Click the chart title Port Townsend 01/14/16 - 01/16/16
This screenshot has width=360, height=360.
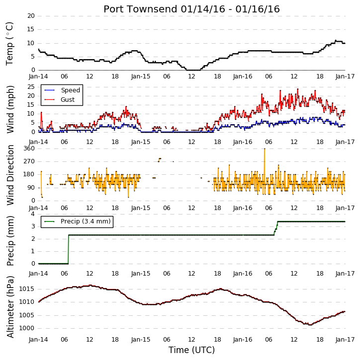pos(191,9)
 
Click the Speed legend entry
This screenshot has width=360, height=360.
pos(62,90)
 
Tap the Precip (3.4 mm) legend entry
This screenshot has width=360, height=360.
pos(78,221)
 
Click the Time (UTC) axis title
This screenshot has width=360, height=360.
pos(191,350)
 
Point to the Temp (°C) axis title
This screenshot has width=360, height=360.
pos(9,44)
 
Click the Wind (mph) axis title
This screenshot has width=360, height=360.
pos(10,110)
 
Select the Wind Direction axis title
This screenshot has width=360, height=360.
pos(10,175)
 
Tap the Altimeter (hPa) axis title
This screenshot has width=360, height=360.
pos(10,307)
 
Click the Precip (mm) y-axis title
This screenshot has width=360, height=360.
pos(10,241)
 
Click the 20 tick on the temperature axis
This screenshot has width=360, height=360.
pos(31,16)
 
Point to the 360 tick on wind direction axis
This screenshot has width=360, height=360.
pos(29,148)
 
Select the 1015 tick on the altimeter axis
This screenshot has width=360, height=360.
pos(27,289)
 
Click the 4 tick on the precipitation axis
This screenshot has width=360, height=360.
pos(33,214)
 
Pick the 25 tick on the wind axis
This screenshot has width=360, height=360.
pos(31,87)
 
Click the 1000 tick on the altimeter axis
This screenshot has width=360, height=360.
pos(27,328)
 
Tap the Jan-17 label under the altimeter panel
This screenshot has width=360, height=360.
pos(345,340)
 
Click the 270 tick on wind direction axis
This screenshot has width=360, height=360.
pos(29,161)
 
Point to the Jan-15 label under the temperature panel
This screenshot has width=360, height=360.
pos(141,76)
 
